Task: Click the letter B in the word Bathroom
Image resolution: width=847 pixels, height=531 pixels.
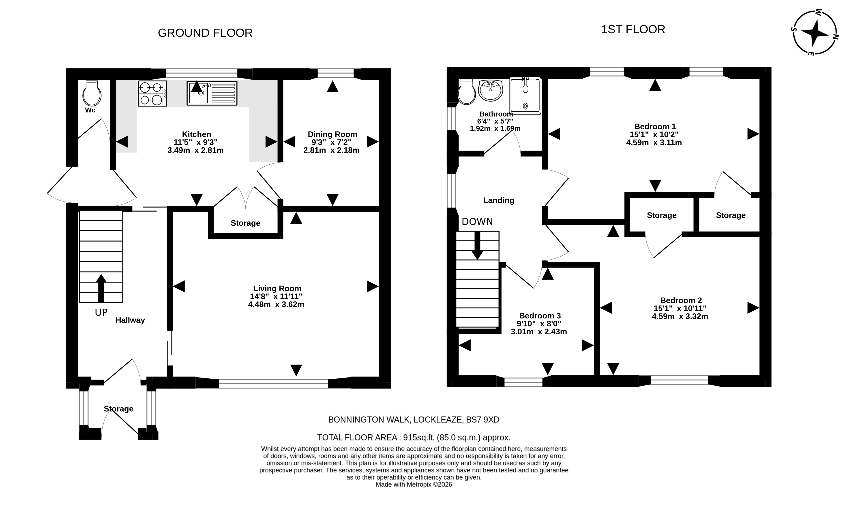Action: click(x=482, y=114)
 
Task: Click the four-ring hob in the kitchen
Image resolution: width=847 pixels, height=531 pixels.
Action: click(x=152, y=93)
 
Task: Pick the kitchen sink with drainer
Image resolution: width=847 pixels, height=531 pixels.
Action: click(x=212, y=93)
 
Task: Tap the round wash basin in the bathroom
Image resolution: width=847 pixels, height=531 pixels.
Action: click(x=491, y=90)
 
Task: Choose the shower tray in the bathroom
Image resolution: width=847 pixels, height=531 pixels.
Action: click(x=525, y=96)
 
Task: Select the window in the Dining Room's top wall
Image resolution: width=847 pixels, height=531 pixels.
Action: click(x=336, y=73)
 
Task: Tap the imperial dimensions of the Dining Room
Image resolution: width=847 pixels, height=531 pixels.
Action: click(x=331, y=142)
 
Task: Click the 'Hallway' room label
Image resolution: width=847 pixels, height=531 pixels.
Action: click(x=130, y=320)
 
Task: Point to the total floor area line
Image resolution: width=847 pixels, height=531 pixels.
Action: click(x=414, y=438)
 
